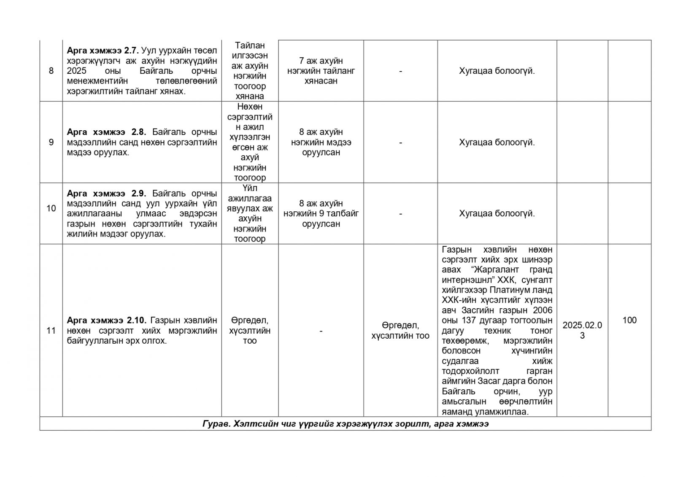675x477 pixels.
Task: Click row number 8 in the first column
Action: [51, 71]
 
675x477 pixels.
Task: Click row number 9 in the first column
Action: [51, 142]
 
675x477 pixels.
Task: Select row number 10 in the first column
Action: [51, 208]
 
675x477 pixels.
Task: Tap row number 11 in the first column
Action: [51, 331]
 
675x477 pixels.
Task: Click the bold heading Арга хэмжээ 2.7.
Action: [103, 51]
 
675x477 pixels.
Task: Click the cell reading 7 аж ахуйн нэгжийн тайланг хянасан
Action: [321, 71]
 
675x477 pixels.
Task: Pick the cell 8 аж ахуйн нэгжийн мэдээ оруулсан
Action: [321, 142]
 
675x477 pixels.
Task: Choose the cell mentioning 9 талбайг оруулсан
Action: [321, 213]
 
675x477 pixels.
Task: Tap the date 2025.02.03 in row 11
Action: [582, 331]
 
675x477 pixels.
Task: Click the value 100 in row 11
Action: [629, 321]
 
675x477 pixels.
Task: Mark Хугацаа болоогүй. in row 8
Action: [497, 71]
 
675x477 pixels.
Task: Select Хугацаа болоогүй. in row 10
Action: [497, 213]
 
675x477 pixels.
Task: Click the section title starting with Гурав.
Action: [345, 424]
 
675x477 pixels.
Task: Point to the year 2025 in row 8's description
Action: [76, 71]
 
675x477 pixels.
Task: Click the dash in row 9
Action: [400, 143]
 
